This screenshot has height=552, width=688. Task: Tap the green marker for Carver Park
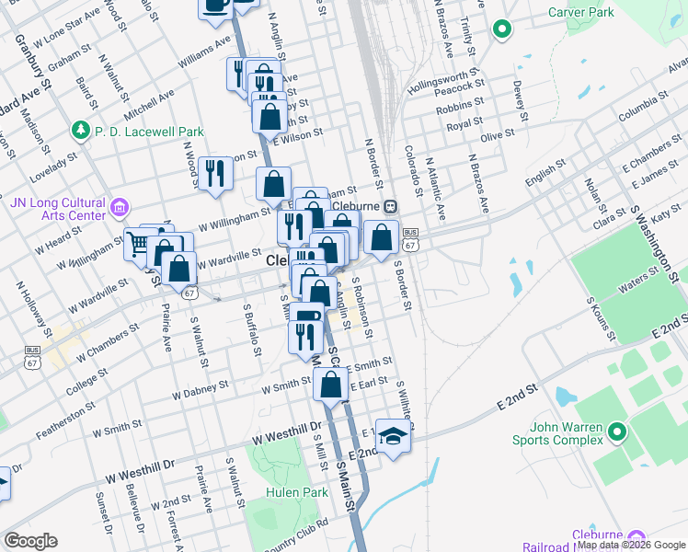[x=501, y=29]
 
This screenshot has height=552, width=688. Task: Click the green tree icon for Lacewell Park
[x=81, y=129]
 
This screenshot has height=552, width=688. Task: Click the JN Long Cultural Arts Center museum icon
[x=119, y=206]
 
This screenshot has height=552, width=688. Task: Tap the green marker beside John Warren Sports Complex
[x=615, y=430]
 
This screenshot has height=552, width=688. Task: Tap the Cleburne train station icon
[x=390, y=206]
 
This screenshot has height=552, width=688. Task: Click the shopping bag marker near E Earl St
[x=331, y=384]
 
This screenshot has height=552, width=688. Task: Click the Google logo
[x=30, y=541]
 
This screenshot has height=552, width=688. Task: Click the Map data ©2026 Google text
[x=631, y=545]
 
